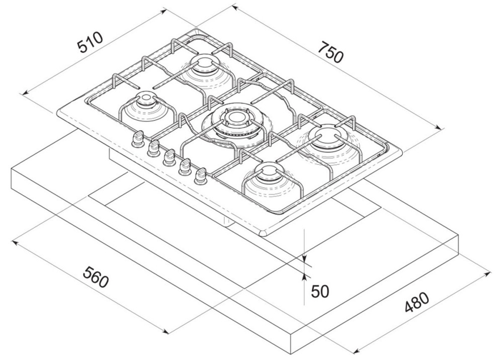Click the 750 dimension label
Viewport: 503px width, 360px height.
[331, 51]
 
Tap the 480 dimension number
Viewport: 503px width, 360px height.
[416, 304]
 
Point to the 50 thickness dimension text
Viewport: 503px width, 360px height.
[320, 292]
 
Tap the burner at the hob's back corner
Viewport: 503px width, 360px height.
[206, 66]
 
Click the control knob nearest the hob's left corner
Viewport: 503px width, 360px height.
[137, 140]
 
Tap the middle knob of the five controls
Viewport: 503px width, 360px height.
[169, 156]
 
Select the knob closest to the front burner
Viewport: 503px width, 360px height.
[201, 174]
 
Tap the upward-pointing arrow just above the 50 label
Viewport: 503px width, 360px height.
[305, 275]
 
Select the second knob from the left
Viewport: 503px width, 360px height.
[153, 148]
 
